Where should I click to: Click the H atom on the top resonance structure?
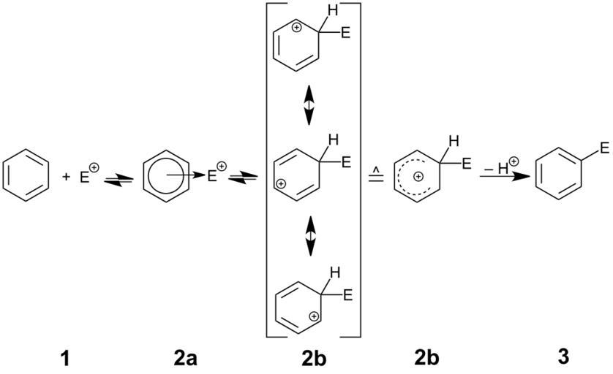pyautogui.click(x=333, y=12)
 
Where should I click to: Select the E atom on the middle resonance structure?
pyautogui.click(x=347, y=161)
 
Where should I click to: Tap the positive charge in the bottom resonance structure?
pyautogui.click(x=315, y=316)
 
